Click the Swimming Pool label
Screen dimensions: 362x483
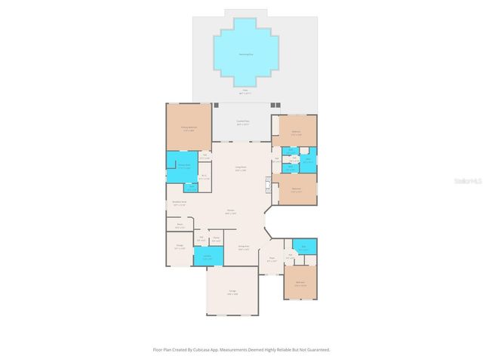point(245,54)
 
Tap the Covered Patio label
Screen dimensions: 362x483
point(243,121)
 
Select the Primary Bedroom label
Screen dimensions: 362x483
point(188,129)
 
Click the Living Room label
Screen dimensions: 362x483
point(241,170)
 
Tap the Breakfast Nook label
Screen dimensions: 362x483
point(180,202)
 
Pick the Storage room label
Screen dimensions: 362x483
point(180,246)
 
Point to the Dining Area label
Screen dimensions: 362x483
point(244,247)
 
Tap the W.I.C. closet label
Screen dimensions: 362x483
point(204,178)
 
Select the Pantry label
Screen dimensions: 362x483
point(216,239)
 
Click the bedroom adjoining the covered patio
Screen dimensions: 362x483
point(296,133)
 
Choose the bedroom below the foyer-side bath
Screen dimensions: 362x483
point(300,284)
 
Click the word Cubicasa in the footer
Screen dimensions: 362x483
point(199,350)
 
